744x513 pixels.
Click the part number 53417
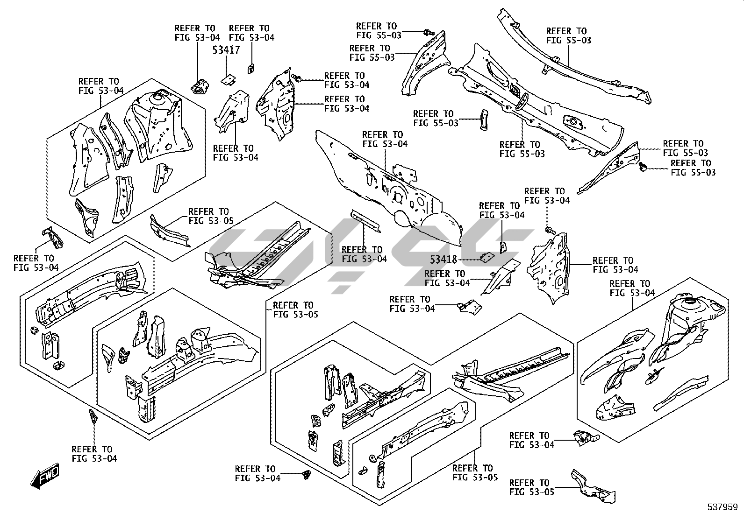(x=226, y=50)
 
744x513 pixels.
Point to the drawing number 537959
(x=722, y=506)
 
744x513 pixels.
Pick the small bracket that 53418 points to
(x=487, y=257)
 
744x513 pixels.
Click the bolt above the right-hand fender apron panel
(x=550, y=229)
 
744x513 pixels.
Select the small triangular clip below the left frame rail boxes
(x=92, y=415)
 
